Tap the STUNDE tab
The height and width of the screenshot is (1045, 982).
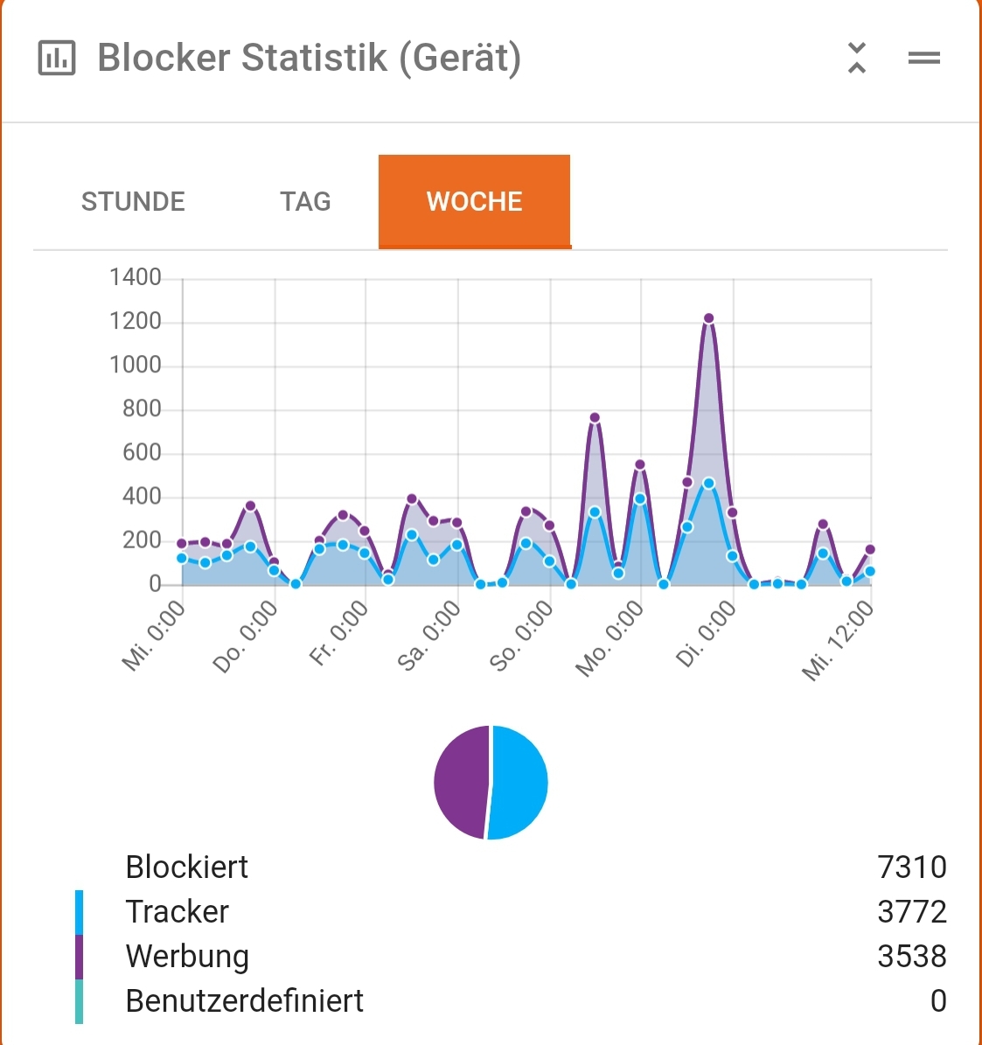click(x=133, y=202)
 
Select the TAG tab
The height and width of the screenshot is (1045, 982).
click(x=305, y=202)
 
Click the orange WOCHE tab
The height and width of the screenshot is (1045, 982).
click(x=474, y=202)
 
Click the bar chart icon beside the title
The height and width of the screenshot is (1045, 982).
click(x=57, y=59)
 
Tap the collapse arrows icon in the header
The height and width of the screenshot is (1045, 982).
click(x=857, y=58)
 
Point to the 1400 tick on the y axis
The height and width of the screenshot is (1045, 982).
click(x=136, y=278)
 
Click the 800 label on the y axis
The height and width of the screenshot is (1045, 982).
click(x=142, y=409)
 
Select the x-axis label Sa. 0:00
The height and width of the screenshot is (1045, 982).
click(x=429, y=636)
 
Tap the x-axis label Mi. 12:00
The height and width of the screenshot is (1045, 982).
click(x=838, y=640)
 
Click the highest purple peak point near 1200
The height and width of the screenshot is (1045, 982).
click(x=708, y=318)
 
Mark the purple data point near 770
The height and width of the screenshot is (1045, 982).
click(x=595, y=418)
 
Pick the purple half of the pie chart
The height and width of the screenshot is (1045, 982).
click(x=461, y=781)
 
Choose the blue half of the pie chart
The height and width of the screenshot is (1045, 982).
click(x=519, y=783)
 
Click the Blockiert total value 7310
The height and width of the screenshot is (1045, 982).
click(x=911, y=867)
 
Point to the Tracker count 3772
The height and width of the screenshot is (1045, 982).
click(x=911, y=912)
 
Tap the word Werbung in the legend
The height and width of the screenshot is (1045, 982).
click(x=187, y=957)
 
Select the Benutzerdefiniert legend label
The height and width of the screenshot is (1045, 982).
click(x=245, y=1001)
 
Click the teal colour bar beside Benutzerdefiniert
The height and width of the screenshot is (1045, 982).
click(x=79, y=1001)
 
